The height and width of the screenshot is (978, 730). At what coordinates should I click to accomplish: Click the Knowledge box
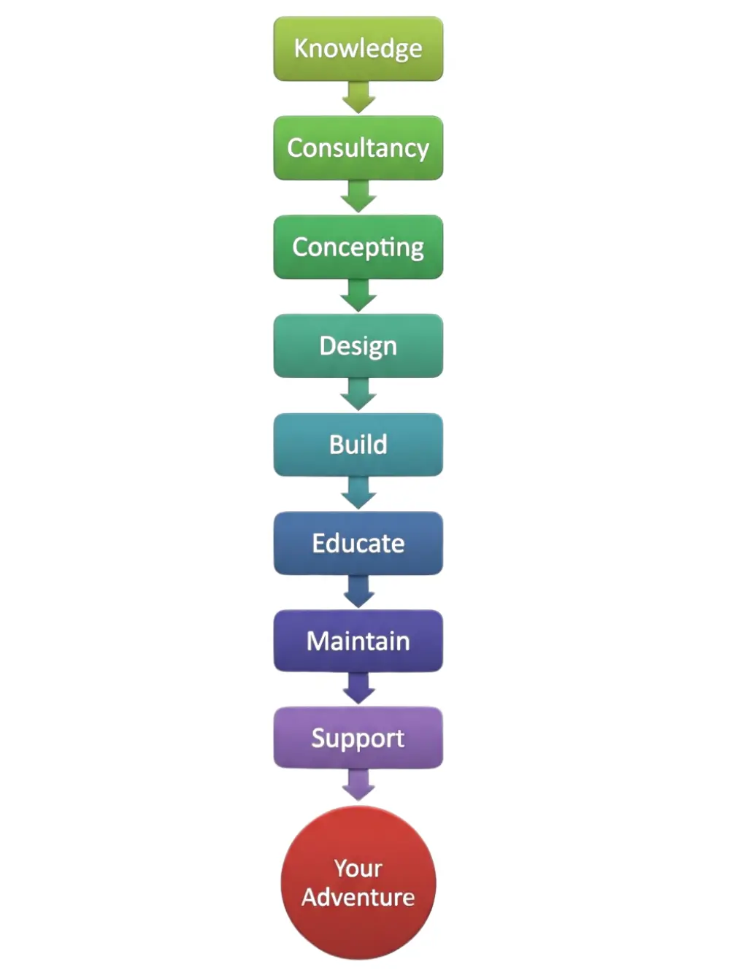tap(358, 48)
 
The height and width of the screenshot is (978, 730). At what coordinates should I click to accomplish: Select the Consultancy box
tap(358, 147)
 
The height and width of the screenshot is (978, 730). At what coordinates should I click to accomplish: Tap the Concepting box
tap(358, 247)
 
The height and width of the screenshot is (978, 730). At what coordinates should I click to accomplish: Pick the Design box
tap(358, 345)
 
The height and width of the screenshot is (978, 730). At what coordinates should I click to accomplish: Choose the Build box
tap(358, 444)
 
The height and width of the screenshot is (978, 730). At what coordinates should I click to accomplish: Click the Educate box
tap(358, 543)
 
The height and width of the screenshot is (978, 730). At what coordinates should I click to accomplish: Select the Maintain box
tap(358, 641)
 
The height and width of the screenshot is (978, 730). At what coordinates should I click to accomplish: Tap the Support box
tap(358, 737)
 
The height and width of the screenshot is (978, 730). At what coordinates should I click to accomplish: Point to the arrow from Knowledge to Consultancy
tap(358, 97)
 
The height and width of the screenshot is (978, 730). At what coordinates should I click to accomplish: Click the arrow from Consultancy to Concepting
tap(358, 196)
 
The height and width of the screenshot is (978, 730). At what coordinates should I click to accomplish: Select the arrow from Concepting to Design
tap(358, 296)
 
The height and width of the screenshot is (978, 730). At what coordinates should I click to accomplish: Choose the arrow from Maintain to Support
tap(358, 688)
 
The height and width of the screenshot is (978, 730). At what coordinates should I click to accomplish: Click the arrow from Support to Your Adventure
tap(358, 785)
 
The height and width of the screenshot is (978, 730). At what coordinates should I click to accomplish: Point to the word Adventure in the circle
tap(358, 897)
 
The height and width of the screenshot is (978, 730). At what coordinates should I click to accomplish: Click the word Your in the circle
tap(358, 869)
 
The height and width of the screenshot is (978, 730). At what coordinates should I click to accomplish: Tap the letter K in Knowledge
tap(301, 48)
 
